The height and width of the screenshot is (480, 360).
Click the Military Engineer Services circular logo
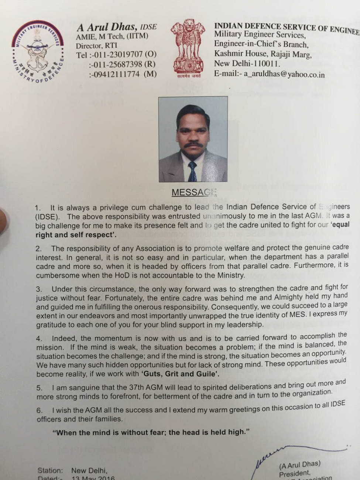[x=37, y=52]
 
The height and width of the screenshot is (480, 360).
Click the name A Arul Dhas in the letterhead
[x=107, y=27]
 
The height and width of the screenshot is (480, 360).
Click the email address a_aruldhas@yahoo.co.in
[x=284, y=74]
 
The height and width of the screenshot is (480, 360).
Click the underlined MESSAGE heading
[x=194, y=192]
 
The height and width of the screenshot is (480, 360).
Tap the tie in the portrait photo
[x=192, y=171]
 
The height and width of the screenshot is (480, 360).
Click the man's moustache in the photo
[x=193, y=145]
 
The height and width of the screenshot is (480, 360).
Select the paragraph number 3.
[x=39, y=289]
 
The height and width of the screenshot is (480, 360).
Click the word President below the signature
[x=295, y=473]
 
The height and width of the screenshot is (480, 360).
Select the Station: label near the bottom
[x=50, y=470]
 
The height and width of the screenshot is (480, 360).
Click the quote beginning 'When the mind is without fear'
[x=151, y=432]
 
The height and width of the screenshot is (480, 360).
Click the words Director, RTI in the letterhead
[x=96, y=46]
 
